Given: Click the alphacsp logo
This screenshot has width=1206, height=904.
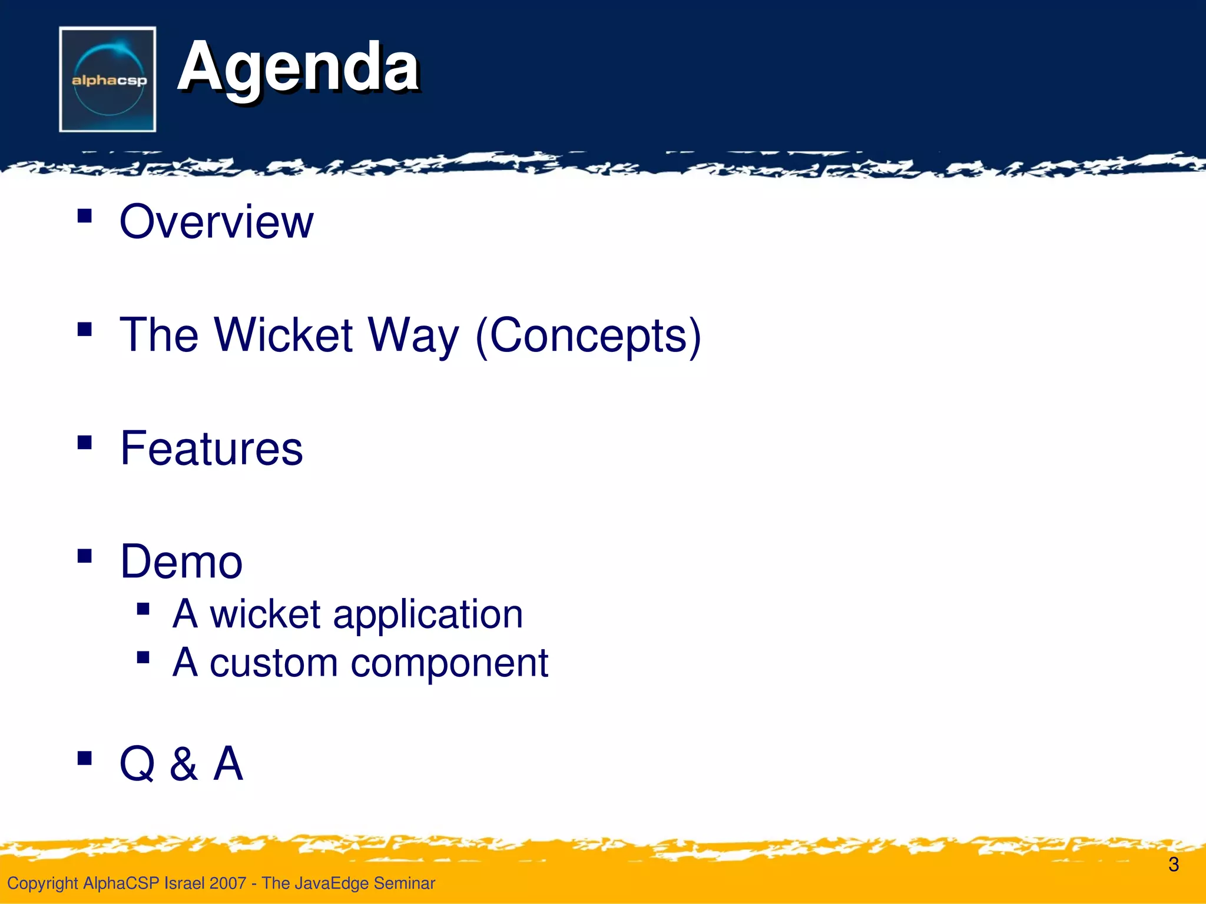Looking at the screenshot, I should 108,79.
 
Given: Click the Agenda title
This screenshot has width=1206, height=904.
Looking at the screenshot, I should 298,67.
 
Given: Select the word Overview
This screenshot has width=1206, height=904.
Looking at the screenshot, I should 216,222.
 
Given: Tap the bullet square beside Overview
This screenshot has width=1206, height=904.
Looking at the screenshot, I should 85,215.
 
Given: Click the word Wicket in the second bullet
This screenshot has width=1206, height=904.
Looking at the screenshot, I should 283,335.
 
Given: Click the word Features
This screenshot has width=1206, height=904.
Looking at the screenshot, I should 211,448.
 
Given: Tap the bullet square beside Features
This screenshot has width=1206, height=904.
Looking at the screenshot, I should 85,442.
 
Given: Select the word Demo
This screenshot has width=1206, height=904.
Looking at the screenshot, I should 181,562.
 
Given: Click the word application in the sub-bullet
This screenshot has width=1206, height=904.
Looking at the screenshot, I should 428,614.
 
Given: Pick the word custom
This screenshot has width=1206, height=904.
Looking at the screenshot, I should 274,663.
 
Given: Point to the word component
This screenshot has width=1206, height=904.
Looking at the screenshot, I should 449,664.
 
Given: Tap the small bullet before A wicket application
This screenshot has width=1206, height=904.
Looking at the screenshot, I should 143,609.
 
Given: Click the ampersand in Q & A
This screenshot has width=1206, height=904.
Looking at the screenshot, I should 184,764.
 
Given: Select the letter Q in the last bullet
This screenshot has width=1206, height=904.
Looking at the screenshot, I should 137,764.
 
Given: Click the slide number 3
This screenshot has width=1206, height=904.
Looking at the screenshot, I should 1173,865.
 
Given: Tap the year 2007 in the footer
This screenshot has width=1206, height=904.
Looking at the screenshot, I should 227,883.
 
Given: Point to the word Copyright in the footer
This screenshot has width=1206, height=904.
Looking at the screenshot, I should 42,883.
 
